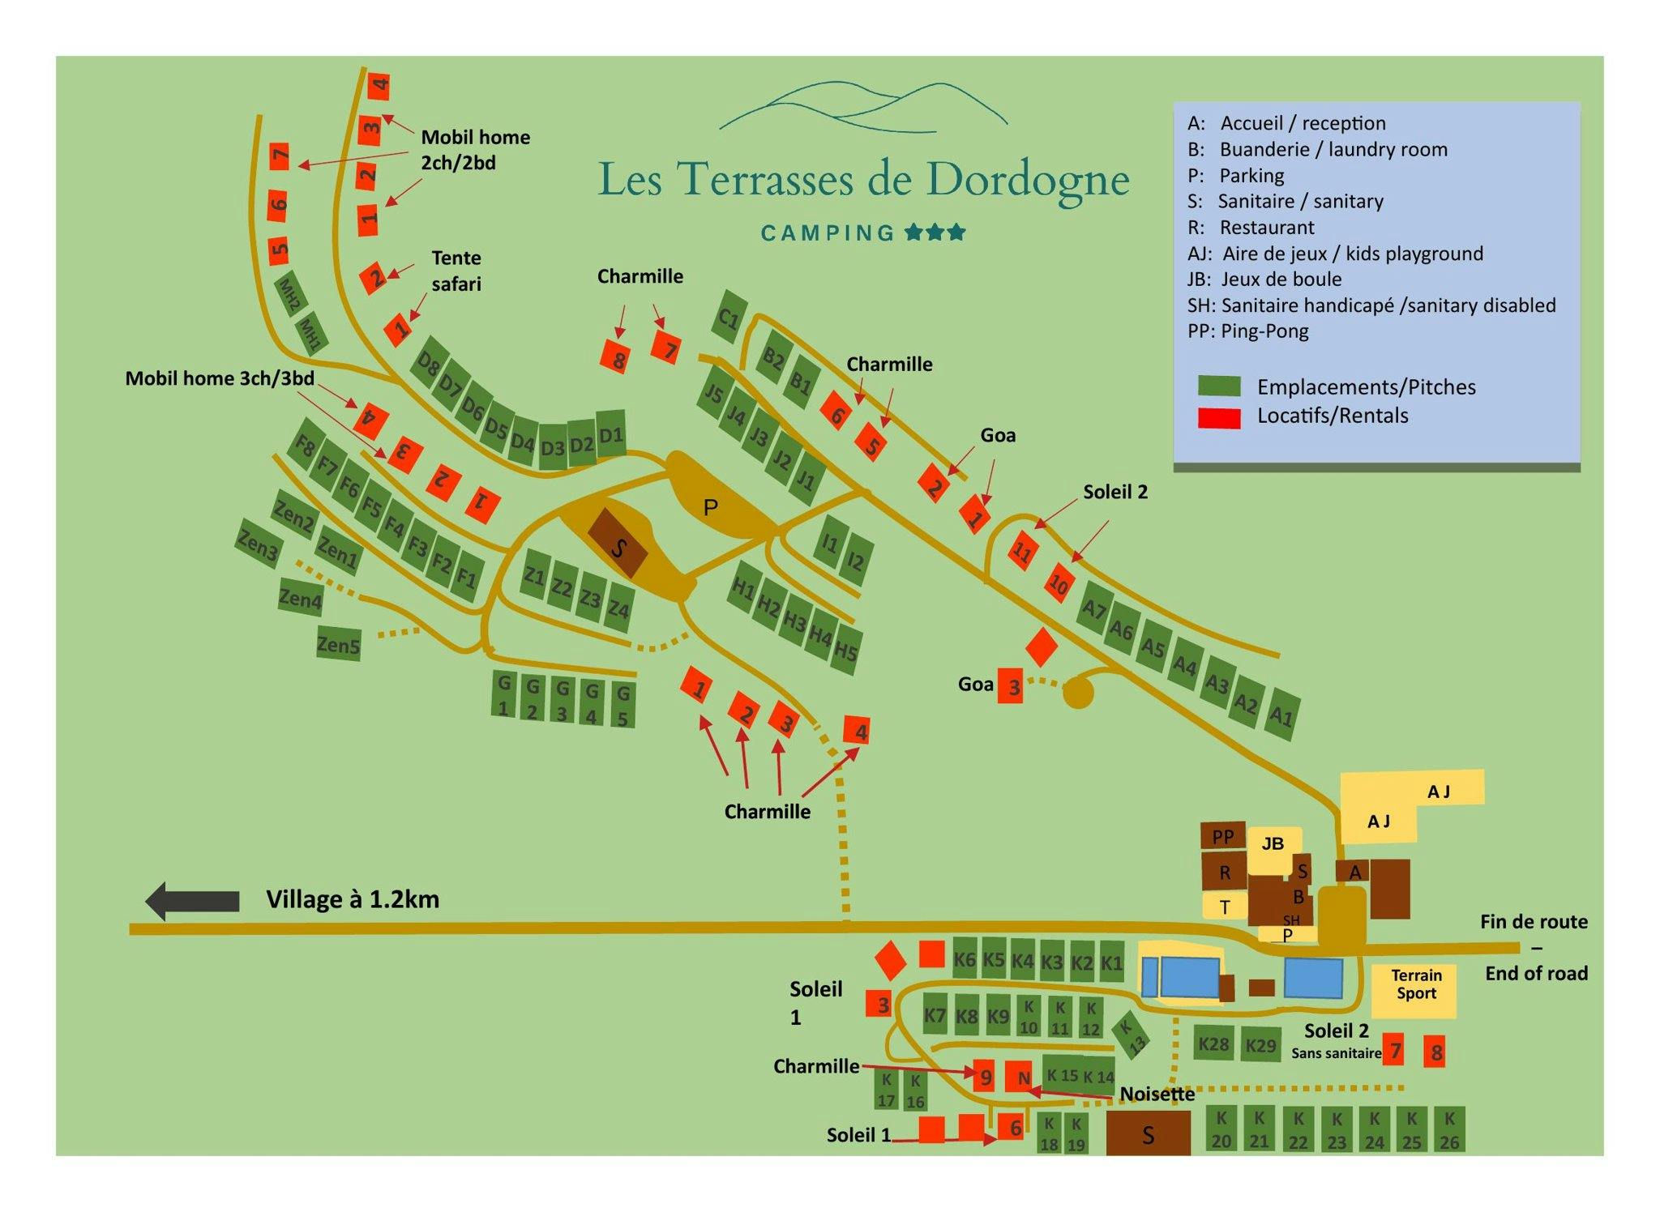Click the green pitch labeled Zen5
338,644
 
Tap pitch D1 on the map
611,436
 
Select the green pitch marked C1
729,318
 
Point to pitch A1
1281,715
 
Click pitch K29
1260,1045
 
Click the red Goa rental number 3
1010,685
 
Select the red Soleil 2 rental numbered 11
1022,553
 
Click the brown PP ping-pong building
1222,836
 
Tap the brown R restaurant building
1225,872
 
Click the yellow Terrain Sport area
1414,991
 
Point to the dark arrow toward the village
192,901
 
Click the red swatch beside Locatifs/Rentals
1219,418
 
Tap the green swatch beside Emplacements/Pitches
1219,386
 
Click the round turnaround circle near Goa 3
1078,693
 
